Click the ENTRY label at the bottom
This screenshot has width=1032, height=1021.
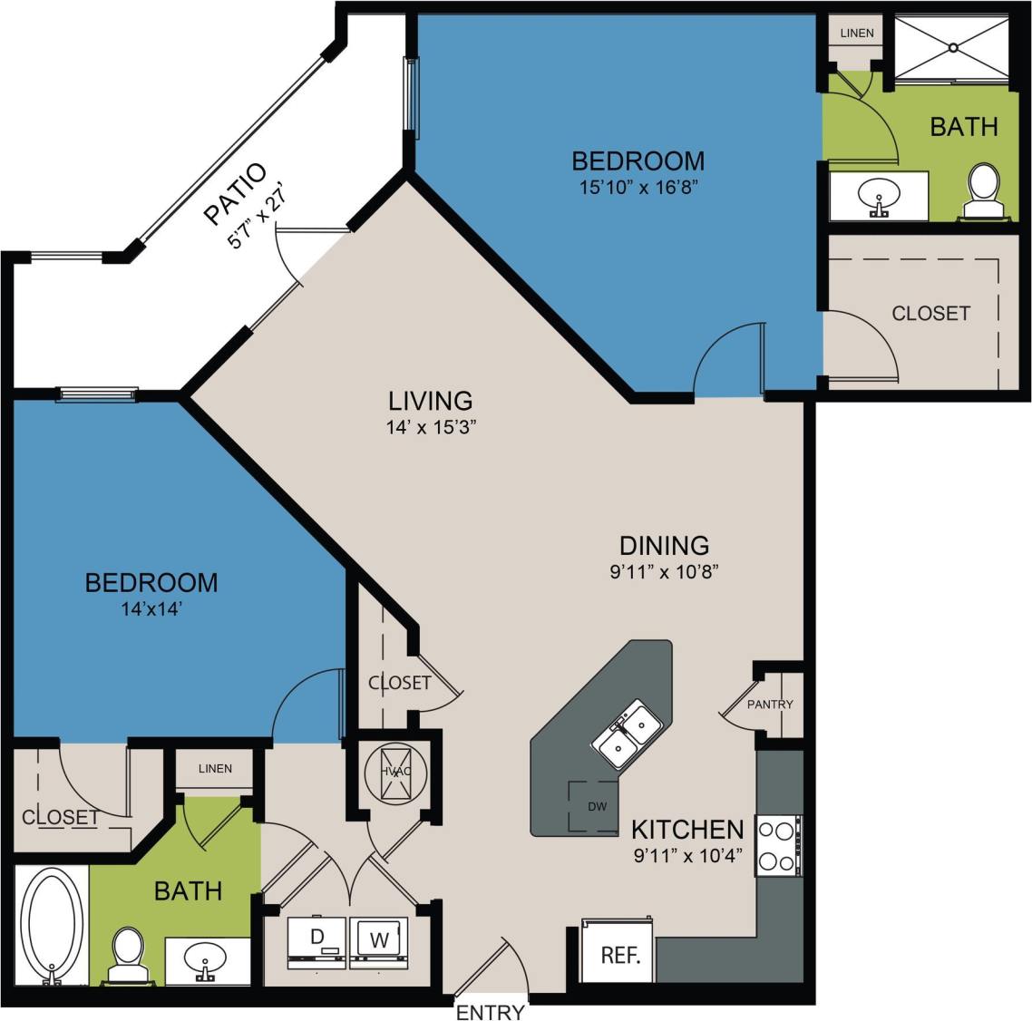[x=490, y=1012]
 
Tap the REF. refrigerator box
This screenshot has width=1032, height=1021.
[x=620, y=955]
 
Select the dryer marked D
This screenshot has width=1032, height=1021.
[x=317, y=939]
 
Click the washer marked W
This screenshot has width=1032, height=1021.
[x=379, y=939]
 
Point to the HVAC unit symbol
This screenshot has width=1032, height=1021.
[x=395, y=772]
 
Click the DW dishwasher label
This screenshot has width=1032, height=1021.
[x=596, y=806]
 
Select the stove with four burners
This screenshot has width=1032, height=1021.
[x=778, y=845]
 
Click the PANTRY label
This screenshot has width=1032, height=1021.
[x=770, y=704]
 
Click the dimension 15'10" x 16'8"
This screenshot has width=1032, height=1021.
[x=638, y=188]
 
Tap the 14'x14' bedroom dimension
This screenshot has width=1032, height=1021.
[x=151, y=609]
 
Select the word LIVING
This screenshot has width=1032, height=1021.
[x=431, y=400]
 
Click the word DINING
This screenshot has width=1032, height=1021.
[x=664, y=545]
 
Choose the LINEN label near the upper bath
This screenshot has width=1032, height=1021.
[x=857, y=33]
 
